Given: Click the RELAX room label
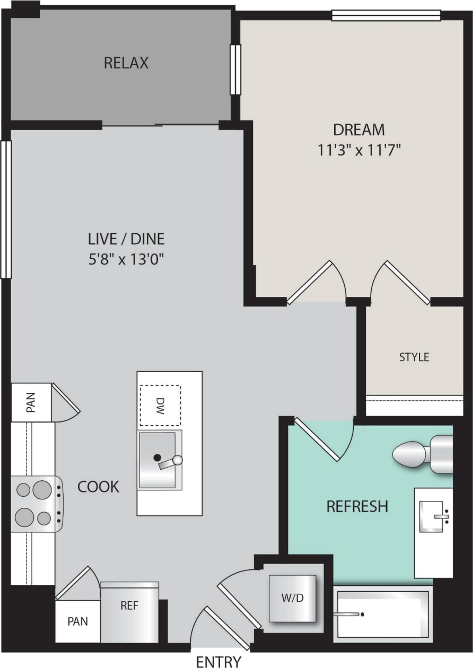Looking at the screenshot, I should pyautogui.click(x=126, y=63).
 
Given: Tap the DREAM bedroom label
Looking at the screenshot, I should pyautogui.click(x=358, y=129).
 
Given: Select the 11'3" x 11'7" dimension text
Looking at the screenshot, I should pyautogui.click(x=358, y=150).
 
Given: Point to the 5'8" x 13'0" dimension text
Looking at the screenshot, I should pyautogui.click(x=126, y=260).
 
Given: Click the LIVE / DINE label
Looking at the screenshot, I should pyautogui.click(x=126, y=239).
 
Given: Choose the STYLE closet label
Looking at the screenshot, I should pyautogui.click(x=414, y=357).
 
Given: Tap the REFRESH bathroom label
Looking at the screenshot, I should pyautogui.click(x=357, y=506).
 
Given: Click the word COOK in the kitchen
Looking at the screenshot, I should pyautogui.click(x=99, y=487).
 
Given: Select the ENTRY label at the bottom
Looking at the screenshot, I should pyautogui.click(x=218, y=661).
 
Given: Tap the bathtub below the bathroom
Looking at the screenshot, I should pyautogui.click(x=383, y=614).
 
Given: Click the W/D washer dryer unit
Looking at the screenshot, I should pyautogui.click(x=293, y=598).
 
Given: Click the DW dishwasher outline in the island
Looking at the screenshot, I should pyautogui.click(x=160, y=405).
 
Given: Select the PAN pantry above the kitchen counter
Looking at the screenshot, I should pyautogui.click(x=31, y=402).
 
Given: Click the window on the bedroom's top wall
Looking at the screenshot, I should pyautogui.click(x=386, y=15).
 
